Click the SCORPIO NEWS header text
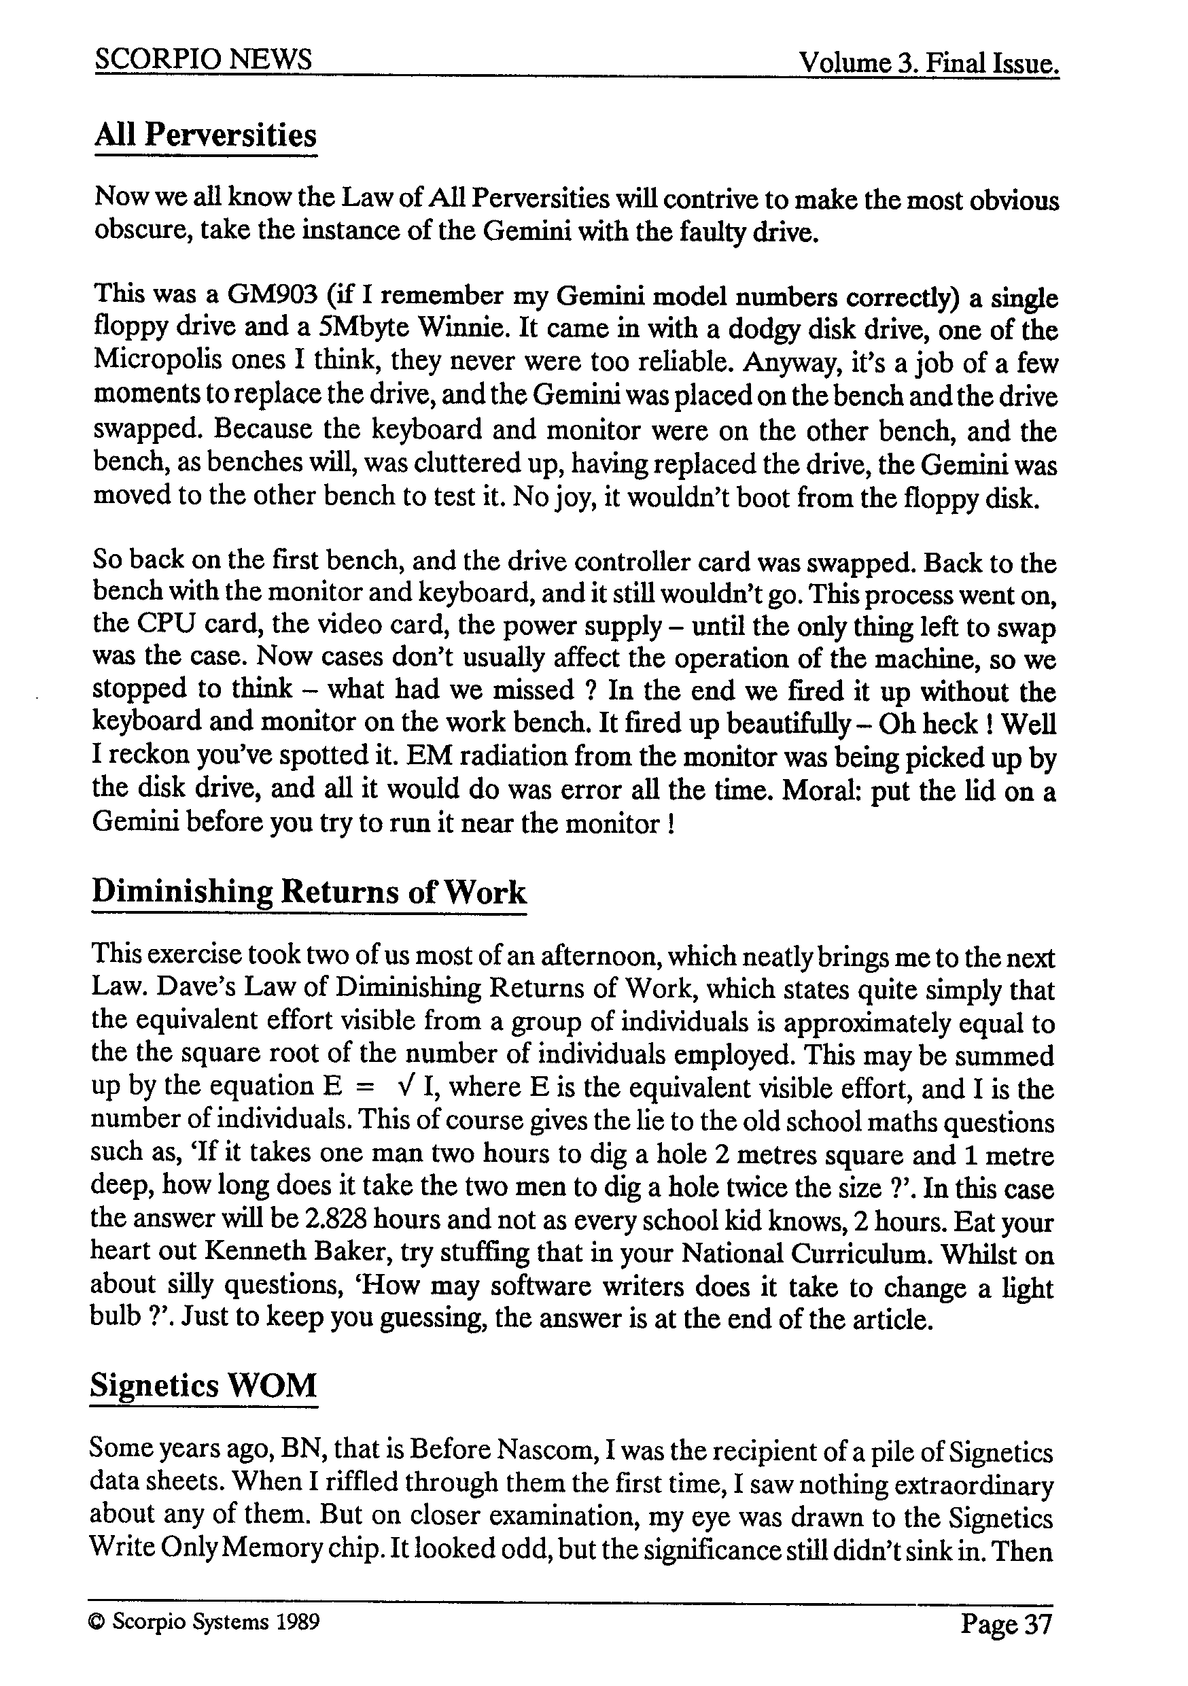click(x=203, y=58)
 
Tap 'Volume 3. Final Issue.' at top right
click(x=929, y=63)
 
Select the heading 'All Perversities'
click(x=205, y=135)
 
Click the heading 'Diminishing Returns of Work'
click(x=309, y=891)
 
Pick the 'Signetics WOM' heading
click(x=203, y=1386)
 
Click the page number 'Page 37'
click(x=1006, y=1623)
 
